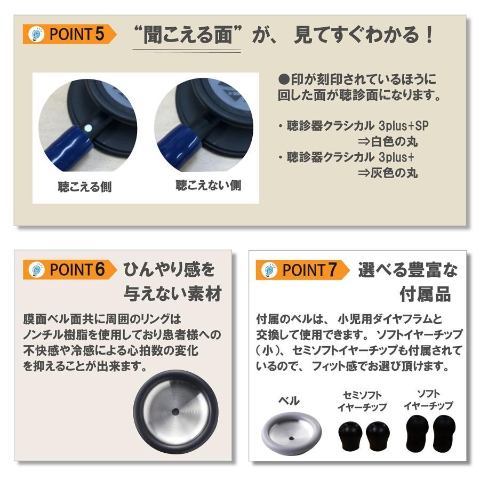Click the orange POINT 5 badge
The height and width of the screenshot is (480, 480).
point(70,35)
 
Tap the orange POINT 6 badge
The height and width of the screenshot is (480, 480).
point(70,269)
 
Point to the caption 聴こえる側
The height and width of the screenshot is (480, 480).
point(85,187)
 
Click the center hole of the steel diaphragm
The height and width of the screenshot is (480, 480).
point(175,412)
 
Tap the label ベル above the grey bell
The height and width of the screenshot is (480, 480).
point(290,401)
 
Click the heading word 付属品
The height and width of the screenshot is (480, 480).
point(425,294)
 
